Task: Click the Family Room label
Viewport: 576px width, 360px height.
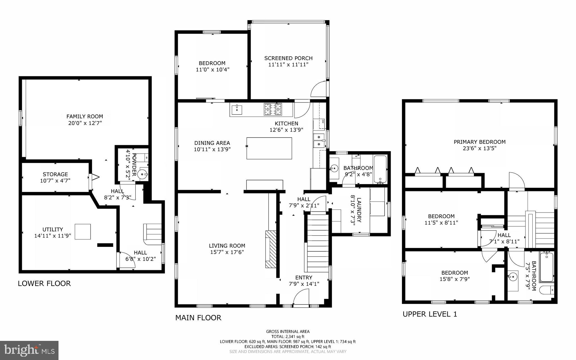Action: pos(85,116)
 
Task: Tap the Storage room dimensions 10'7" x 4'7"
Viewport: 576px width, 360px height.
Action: pos(55,181)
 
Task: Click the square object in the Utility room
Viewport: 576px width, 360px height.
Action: pos(83,232)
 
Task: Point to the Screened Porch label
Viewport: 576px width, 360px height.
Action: pos(288,58)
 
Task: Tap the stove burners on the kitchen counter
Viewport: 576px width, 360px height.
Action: pos(272,109)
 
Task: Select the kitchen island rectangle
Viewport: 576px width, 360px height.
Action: pos(269,148)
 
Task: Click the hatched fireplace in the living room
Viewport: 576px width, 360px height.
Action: pos(271,249)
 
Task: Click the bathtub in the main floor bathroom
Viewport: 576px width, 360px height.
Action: pos(380,169)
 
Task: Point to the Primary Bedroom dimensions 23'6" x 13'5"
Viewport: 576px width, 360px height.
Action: pos(480,148)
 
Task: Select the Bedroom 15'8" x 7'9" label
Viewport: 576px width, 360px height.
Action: pos(454,273)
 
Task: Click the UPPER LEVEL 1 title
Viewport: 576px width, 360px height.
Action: pos(430,314)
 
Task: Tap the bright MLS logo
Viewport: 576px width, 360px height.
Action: pos(29,350)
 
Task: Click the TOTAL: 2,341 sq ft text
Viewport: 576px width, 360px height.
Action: pos(288,336)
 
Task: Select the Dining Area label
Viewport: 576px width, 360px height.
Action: pos(212,143)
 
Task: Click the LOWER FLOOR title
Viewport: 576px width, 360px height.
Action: pos(44,283)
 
